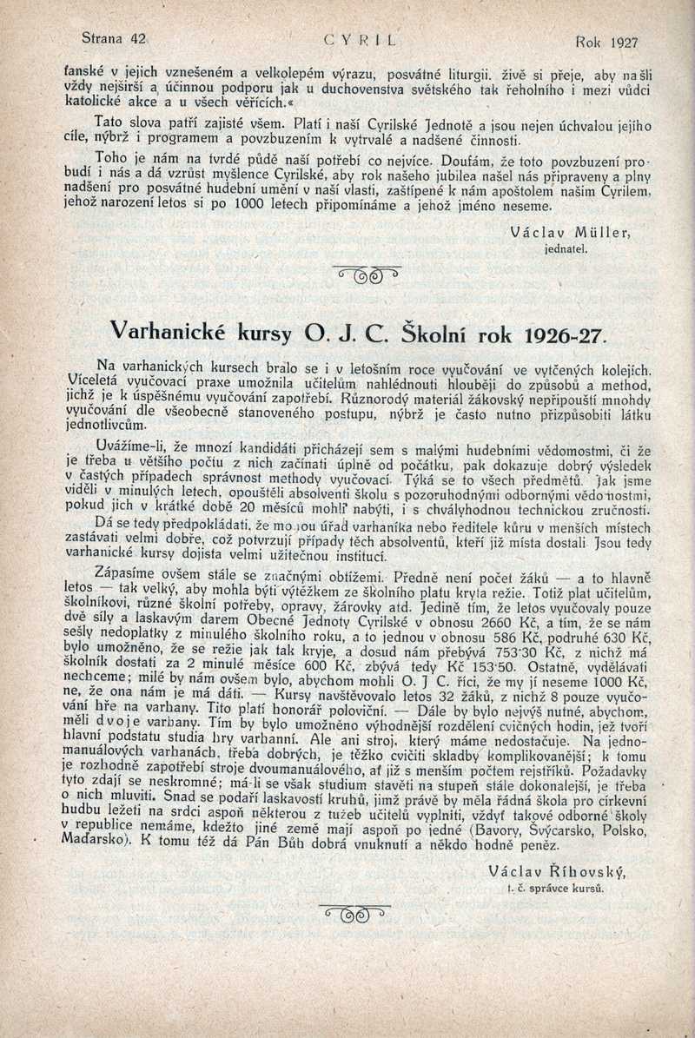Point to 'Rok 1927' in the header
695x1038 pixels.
pos(606,41)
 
